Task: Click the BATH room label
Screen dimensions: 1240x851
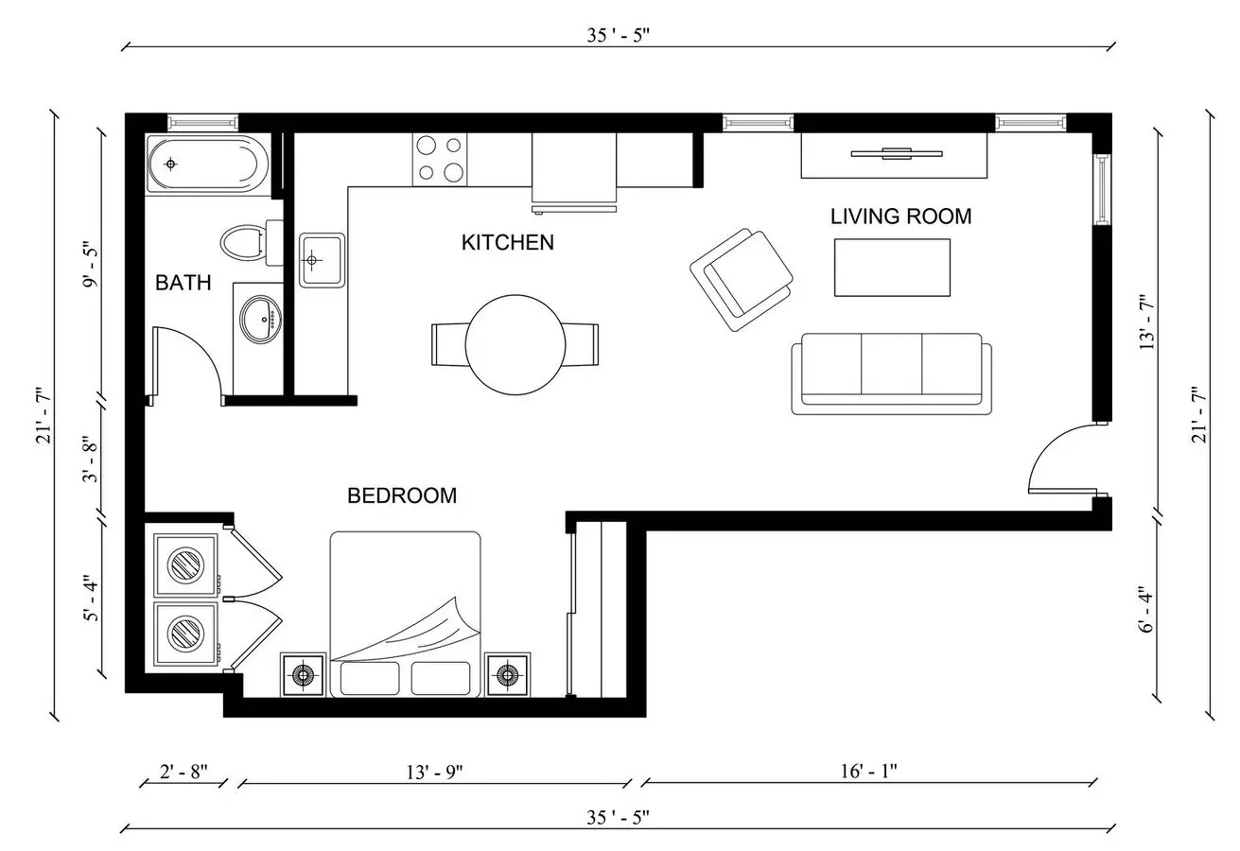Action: click(x=183, y=283)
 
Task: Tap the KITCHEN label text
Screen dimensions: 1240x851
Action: click(x=508, y=242)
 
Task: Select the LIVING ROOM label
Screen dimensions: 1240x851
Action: click(x=900, y=217)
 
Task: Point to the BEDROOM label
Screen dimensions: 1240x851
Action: click(x=402, y=495)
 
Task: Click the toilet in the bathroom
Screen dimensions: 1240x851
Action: click(x=252, y=242)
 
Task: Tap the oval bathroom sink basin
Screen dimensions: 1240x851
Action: click(x=260, y=320)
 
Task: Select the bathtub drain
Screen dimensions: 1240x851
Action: click(x=170, y=164)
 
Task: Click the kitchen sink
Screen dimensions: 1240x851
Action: click(x=323, y=260)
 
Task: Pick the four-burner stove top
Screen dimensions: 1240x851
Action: click(x=440, y=160)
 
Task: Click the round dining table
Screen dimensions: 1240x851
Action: click(x=515, y=345)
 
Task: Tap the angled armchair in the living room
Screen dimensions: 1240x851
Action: click(x=742, y=280)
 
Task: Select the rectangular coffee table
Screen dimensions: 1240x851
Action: click(x=892, y=268)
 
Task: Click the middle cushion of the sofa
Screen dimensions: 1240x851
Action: click(x=891, y=365)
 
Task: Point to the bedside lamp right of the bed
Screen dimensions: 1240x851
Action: click(x=507, y=675)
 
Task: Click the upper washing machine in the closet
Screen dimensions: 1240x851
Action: click(x=185, y=564)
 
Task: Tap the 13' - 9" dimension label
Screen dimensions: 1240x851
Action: click(x=434, y=772)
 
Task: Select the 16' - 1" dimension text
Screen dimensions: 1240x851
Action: click(x=868, y=771)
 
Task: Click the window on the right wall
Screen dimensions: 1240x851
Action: click(x=1102, y=189)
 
